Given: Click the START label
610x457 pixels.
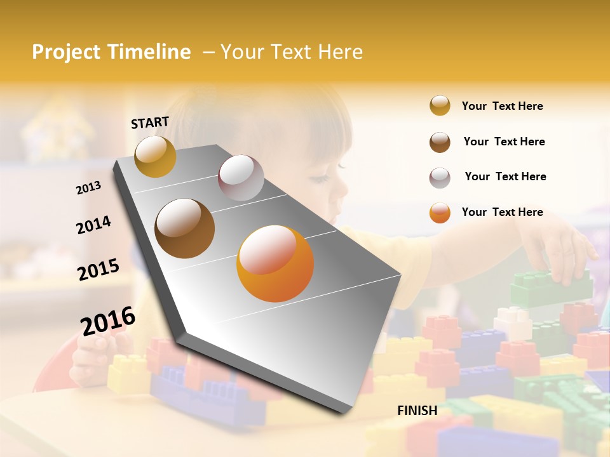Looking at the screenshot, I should pyautogui.click(x=150, y=123).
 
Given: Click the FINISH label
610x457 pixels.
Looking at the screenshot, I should pyautogui.click(x=417, y=411).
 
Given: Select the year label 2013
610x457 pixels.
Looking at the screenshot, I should pyautogui.click(x=88, y=188).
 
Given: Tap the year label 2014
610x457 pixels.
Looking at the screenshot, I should pyautogui.click(x=93, y=225).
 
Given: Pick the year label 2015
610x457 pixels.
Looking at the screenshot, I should pyautogui.click(x=98, y=270).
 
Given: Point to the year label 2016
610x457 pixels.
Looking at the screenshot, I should pyautogui.click(x=108, y=321).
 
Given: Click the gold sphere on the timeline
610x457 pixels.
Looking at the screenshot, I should pyautogui.click(x=155, y=156).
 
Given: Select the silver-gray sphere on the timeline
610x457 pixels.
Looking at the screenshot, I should pyautogui.click(x=241, y=178).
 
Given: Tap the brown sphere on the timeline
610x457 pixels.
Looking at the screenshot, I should pyautogui.click(x=184, y=228).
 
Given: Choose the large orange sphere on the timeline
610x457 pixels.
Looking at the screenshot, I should pyautogui.click(x=275, y=263).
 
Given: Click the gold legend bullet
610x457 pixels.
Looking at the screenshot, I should pyautogui.click(x=440, y=106).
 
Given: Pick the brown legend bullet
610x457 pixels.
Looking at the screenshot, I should pyautogui.click(x=440, y=142).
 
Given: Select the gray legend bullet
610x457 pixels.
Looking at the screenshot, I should pyautogui.click(x=440, y=177).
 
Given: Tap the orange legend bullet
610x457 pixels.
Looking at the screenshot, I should pyautogui.click(x=440, y=213).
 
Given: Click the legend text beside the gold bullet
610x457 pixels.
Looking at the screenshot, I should pyautogui.click(x=502, y=106).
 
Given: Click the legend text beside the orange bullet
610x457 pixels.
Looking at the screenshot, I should pyautogui.click(x=502, y=212).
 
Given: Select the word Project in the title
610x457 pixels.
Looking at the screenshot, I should pyautogui.click(x=66, y=52).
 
